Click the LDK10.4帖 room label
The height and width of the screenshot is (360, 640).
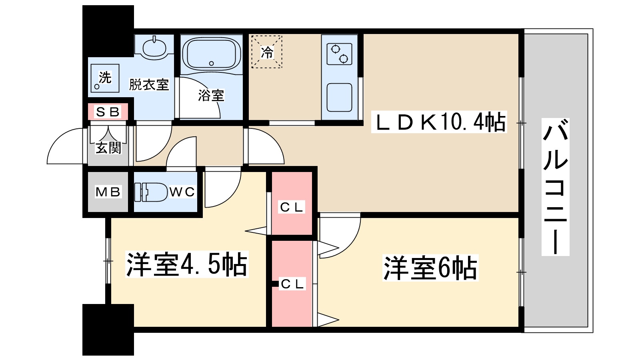pyautogui.click(x=439, y=122)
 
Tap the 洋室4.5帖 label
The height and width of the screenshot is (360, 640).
pyautogui.click(x=186, y=264)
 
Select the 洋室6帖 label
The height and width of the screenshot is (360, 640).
pyautogui.click(x=430, y=268)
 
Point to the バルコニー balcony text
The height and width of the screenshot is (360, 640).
pyautogui.click(x=555, y=187)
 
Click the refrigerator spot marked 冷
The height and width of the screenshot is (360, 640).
pyautogui.click(x=267, y=52)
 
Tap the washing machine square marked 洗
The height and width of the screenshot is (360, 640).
pyautogui.click(x=104, y=78)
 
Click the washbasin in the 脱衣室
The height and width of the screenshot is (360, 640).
pyautogui.click(x=154, y=48)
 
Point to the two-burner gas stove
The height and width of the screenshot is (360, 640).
pyautogui.click(x=339, y=54)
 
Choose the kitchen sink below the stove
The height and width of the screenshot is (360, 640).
pyautogui.click(x=339, y=97)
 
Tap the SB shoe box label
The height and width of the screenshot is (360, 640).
pyautogui.click(x=108, y=112)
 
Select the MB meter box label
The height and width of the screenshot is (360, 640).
pyautogui.click(x=108, y=192)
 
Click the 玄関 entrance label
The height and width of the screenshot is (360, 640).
pyautogui.click(x=108, y=148)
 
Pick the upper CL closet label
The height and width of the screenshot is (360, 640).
pyautogui.click(x=292, y=207)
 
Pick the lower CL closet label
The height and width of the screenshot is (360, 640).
pyautogui.click(x=293, y=284)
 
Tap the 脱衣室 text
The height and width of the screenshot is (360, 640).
pyautogui.click(x=149, y=85)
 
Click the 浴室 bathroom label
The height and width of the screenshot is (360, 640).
pyautogui.click(x=211, y=95)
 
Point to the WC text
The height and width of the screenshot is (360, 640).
pyautogui.click(x=182, y=192)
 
